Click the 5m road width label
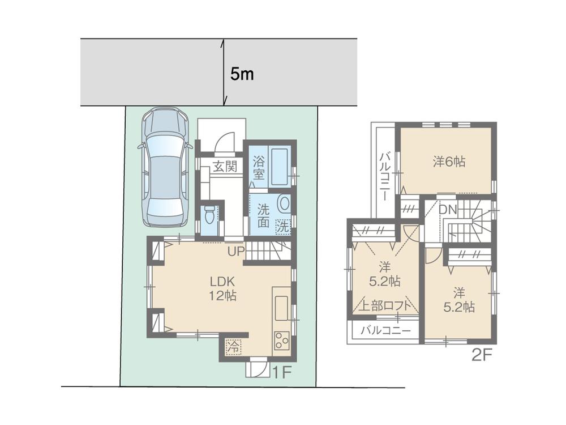pos(242,74)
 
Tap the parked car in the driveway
pos(165,167)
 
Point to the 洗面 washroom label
pos(264,214)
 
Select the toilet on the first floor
pos(209,215)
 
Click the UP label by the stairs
pos(236,250)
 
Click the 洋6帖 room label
pos(449,161)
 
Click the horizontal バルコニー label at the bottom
pos(385,330)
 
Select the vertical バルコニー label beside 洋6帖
pos(383,176)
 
